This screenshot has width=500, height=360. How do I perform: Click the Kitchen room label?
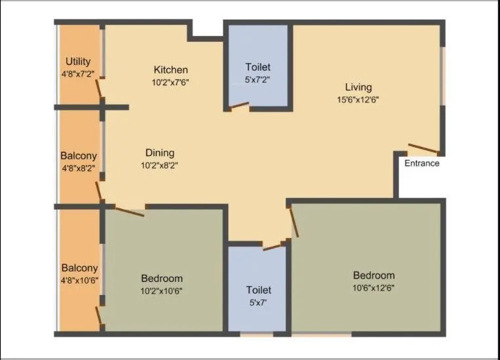point(171,70)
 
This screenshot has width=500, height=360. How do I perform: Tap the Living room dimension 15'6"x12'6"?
point(357,100)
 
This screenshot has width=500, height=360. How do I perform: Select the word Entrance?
point(421,163)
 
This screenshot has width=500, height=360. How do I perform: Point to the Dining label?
point(159,153)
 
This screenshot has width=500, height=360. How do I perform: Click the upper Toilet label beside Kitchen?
point(258,67)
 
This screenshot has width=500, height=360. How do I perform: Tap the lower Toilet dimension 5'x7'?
point(258,303)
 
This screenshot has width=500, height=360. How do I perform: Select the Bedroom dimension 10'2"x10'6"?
point(161,290)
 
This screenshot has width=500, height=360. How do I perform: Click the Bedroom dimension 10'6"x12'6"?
point(374,287)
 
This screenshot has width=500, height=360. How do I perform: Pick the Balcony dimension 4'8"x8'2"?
point(79,169)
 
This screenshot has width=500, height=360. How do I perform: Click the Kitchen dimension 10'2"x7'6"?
point(170,83)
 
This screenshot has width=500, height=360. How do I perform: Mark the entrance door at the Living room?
point(423,148)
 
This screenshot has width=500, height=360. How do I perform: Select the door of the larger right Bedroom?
point(293,221)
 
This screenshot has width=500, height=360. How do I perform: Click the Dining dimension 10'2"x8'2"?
point(159,165)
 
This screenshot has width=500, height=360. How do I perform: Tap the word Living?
point(358,87)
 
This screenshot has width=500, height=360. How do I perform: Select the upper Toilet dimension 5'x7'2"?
point(258,80)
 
